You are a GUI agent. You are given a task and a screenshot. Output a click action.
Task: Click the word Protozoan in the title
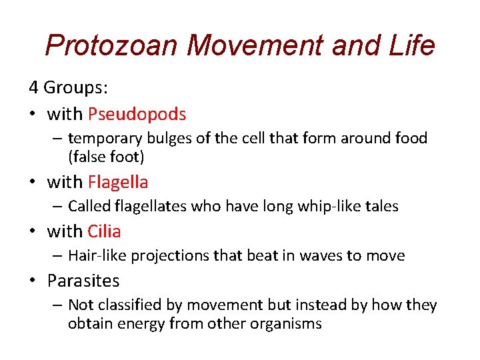pyautogui.click(x=111, y=45)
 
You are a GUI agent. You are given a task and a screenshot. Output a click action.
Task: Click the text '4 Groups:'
pyautogui.click(x=69, y=87)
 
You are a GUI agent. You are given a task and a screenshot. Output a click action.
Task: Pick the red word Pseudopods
pyautogui.click(x=137, y=114)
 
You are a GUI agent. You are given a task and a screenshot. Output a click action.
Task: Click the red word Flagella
pyautogui.click(x=118, y=181)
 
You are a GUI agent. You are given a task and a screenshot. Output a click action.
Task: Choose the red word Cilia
pyautogui.click(x=104, y=231)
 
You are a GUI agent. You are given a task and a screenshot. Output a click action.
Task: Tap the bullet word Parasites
pyautogui.click(x=83, y=281)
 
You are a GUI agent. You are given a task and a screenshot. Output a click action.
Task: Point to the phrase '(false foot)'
pyautogui.click(x=106, y=157)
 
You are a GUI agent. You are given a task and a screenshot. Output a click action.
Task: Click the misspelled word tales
pyautogui.click(x=382, y=207)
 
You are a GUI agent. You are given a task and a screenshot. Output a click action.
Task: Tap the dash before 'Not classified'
pyautogui.click(x=57, y=305)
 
